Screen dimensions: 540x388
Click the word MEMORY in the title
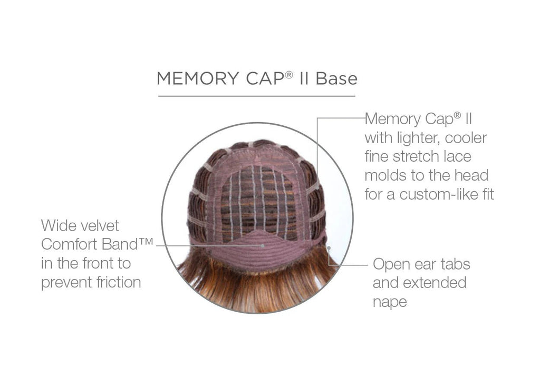point(198,78)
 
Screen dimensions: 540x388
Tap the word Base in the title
point(336,78)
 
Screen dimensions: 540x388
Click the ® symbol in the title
point(289,74)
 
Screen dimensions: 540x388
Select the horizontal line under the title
point(257,96)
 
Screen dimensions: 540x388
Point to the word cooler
point(466,138)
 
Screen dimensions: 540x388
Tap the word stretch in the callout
point(414,157)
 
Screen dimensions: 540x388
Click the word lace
point(457,157)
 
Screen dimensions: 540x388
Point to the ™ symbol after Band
point(146,241)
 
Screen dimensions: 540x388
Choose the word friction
point(119,283)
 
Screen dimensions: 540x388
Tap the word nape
point(390,302)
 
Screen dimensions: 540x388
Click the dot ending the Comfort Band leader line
point(263,246)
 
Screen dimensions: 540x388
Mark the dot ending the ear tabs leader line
point(329,247)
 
